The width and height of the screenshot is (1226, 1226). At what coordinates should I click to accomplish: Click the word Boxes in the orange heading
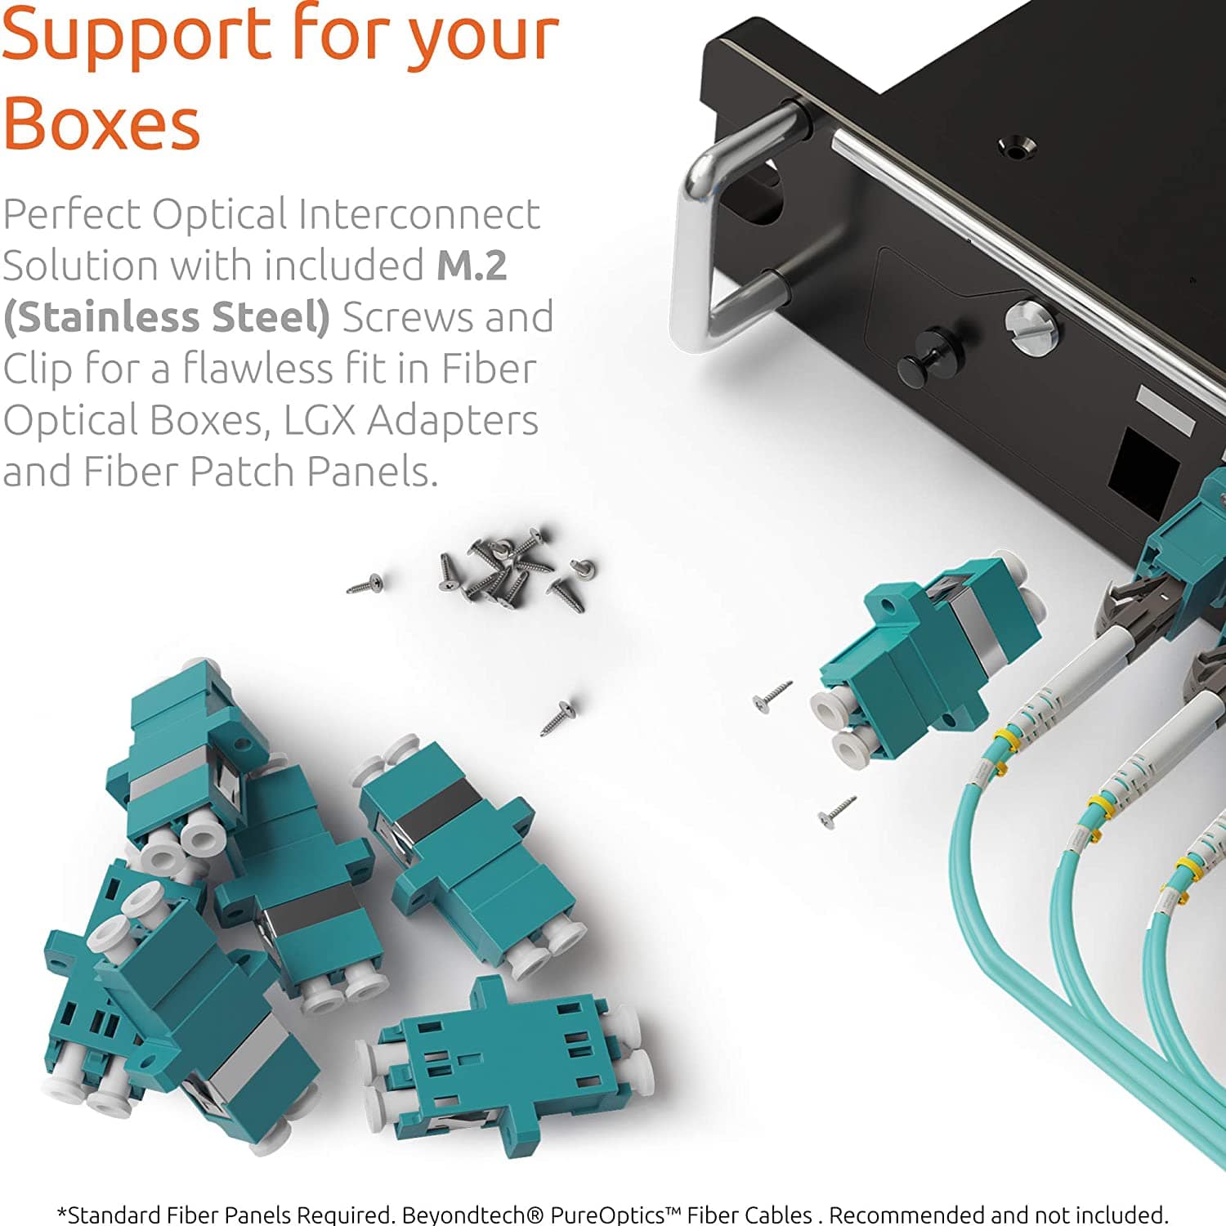pos(101,124)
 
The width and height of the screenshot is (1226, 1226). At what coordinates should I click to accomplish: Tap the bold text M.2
pos(472,266)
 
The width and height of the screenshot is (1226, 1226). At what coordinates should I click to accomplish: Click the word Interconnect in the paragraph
pos(418,215)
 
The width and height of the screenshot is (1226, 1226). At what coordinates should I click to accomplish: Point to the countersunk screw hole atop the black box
pos(1016,148)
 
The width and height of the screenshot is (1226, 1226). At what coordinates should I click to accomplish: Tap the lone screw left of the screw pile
pos(365,584)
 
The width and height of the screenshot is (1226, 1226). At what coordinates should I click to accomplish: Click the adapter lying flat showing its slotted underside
pos(505,1063)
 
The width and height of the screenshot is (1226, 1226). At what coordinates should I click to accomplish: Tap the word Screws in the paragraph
pos(409,317)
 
